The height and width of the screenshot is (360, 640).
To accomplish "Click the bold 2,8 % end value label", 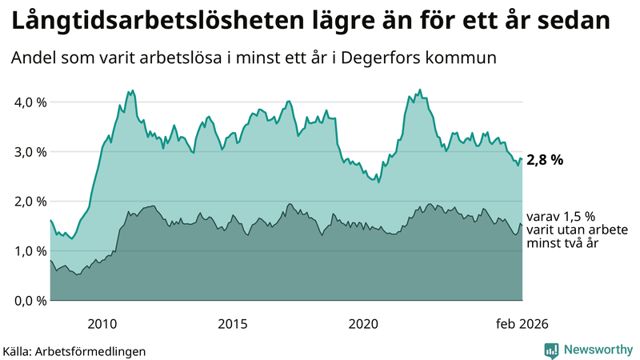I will pyautogui.click(x=546, y=160).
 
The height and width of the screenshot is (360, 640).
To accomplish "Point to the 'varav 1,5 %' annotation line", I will pyautogui.click(x=561, y=216).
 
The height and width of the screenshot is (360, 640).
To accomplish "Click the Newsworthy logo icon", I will pyautogui.click(x=551, y=350).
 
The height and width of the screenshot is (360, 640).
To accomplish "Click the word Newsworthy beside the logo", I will pyautogui.click(x=597, y=350).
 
